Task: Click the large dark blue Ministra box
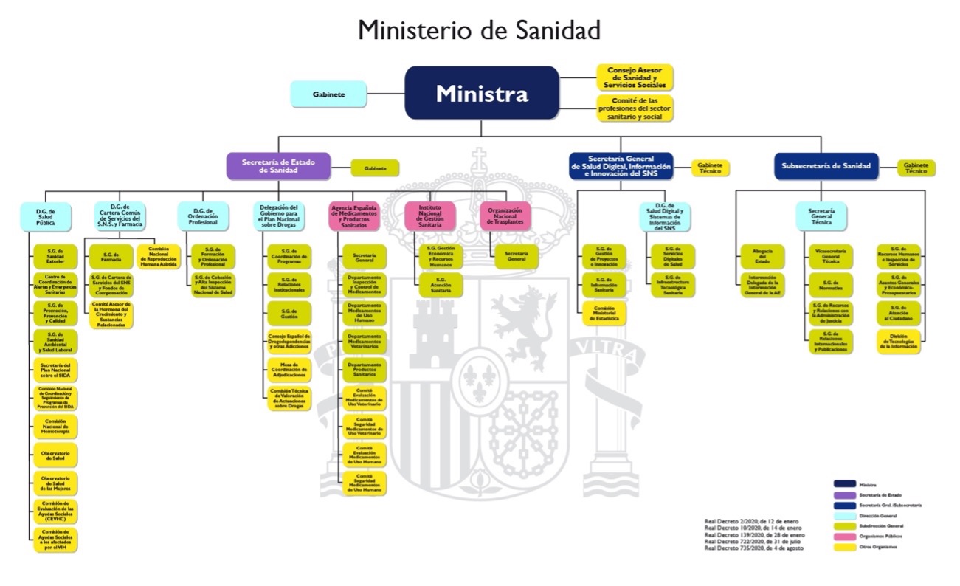coord(481,93)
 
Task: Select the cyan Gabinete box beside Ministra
coord(328,94)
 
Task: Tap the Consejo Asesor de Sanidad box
coord(635,77)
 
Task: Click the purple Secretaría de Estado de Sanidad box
coord(278,166)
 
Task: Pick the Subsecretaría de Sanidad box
coord(826,166)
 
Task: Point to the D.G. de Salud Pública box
coord(46,216)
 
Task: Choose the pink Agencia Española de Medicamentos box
coord(353,215)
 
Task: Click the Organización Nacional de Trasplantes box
coord(505,215)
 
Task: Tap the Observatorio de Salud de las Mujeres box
coord(55,483)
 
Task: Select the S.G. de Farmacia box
coord(111,256)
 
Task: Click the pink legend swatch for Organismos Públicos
coord(844,537)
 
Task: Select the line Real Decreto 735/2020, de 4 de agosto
coord(754,549)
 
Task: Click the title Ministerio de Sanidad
coord(480,31)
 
